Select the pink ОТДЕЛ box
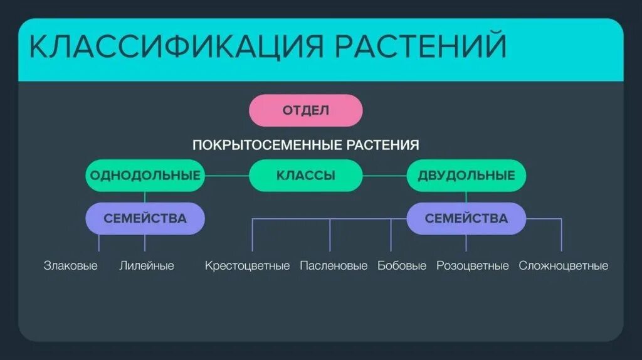(x=305, y=110)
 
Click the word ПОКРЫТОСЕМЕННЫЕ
(x=268, y=146)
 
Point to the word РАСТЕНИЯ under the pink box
(x=382, y=146)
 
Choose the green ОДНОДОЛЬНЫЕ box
(x=145, y=176)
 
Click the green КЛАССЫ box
(x=305, y=176)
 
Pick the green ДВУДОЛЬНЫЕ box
(x=466, y=176)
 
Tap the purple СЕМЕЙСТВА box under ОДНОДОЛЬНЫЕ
(x=145, y=219)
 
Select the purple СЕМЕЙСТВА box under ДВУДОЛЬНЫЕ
(x=466, y=219)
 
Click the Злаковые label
(x=71, y=266)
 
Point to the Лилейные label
(x=147, y=266)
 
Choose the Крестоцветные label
(x=247, y=266)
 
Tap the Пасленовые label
(x=334, y=266)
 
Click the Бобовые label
(x=402, y=266)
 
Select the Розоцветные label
(x=472, y=266)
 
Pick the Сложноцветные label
(x=563, y=266)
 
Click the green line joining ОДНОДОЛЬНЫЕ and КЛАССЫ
(x=227, y=176)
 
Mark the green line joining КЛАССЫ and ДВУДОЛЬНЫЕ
(x=384, y=176)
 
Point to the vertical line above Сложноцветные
(x=561, y=235)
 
